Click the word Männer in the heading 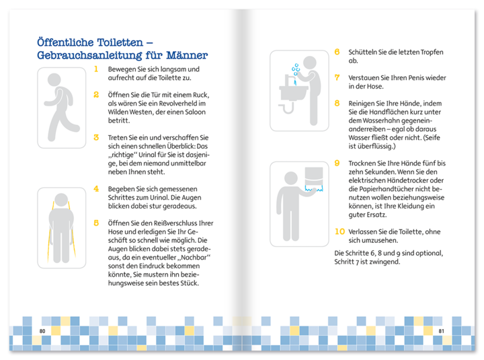(x=187, y=55)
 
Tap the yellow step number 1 (x=96, y=69)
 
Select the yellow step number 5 (x=96, y=223)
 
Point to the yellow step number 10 (x=339, y=231)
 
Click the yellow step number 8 (x=337, y=103)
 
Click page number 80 (x=42, y=331)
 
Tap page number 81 (x=441, y=331)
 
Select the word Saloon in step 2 (x=195, y=112)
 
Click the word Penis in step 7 (x=415, y=77)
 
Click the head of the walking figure (x=54, y=79)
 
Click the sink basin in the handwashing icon (x=293, y=94)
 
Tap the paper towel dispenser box (x=314, y=177)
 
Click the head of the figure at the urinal (x=61, y=200)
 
